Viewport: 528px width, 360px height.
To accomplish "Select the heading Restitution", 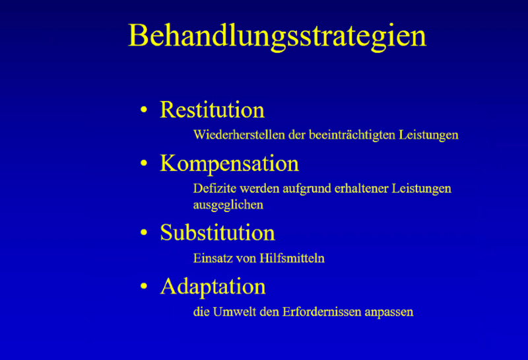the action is click(x=212, y=110).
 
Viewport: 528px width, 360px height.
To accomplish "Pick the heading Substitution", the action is click(x=218, y=233).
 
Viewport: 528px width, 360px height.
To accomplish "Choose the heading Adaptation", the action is click(x=213, y=287).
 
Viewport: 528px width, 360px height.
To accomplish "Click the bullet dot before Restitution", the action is click(x=144, y=110).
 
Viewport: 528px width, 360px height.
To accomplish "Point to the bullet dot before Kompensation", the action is click(x=144, y=163).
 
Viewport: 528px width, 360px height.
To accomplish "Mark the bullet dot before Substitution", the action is click(x=144, y=233).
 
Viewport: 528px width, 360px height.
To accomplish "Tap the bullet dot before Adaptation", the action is click(x=144, y=286).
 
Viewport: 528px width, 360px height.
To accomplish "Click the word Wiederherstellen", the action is click(x=240, y=135).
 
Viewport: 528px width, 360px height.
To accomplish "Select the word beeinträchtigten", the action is click(x=352, y=135).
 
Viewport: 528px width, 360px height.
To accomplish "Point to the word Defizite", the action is click(x=215, y=188).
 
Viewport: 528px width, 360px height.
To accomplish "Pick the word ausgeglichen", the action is click(x=228, y=205).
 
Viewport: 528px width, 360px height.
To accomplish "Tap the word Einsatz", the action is click(x=213, y=258).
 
